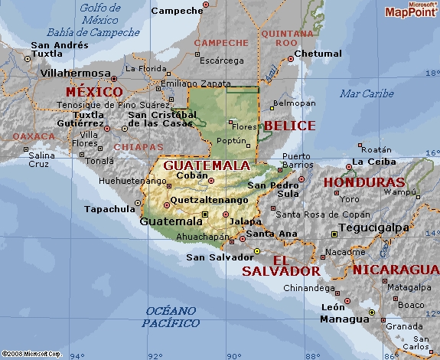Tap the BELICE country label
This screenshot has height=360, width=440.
(x=289, y=125)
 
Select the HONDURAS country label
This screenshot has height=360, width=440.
(x=363, y=182)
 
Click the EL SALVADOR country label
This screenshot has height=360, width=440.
(x=280, y=265)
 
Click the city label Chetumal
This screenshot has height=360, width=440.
(x=318, y=54)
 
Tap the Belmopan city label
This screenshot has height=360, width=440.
(x=294, y=103)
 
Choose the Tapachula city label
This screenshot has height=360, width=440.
(x=109, y=208)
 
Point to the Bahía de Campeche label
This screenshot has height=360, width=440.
(x=93, y=33)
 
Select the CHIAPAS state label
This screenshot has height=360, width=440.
(x=139, y=146)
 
